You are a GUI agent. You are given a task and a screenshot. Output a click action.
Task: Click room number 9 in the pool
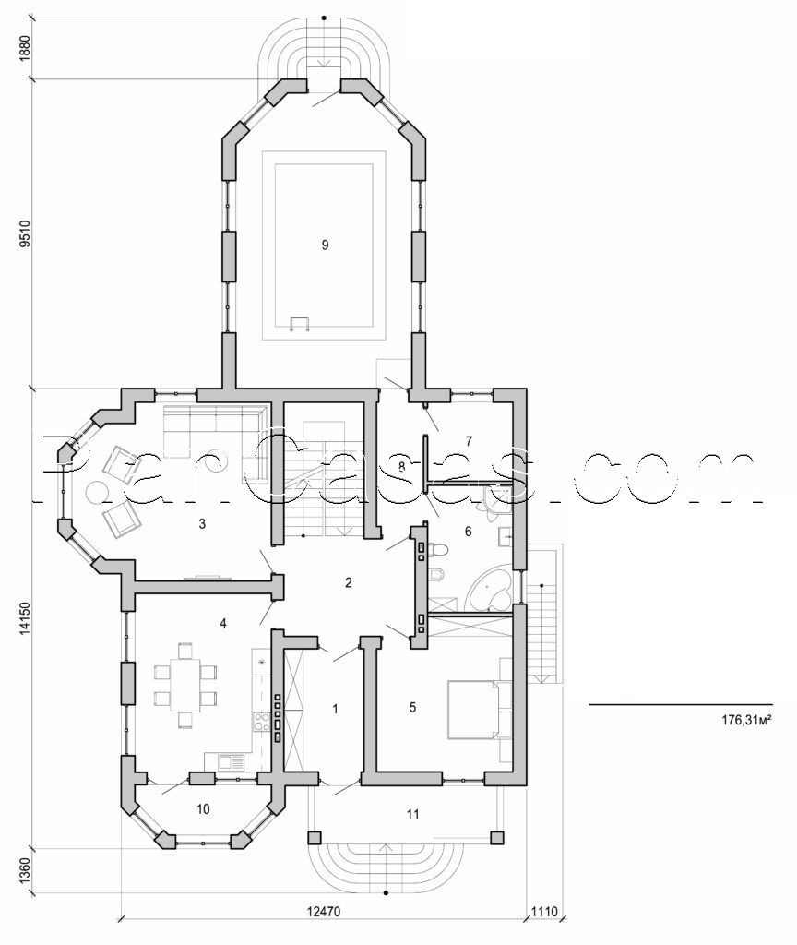324,245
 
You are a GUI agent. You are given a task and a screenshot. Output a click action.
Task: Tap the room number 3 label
201,524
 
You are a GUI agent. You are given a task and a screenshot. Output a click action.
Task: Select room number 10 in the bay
203,809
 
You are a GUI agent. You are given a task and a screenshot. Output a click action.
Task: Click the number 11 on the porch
414,814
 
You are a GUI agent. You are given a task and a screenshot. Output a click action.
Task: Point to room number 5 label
413,708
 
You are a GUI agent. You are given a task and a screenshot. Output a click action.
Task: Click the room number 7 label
469,440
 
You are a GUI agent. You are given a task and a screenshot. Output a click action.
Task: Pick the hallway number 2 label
348,582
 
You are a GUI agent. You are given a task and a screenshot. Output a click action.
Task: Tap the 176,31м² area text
746,719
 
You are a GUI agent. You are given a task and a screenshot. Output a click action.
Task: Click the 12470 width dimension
321,913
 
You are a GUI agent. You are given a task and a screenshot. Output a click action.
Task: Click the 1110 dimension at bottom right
543,913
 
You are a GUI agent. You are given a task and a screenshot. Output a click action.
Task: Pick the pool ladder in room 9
300,323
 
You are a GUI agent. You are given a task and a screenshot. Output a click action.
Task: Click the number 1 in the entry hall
335,709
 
